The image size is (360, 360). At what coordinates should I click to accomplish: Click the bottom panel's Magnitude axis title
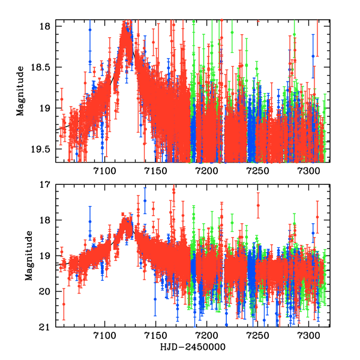click(x=28, y=256)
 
